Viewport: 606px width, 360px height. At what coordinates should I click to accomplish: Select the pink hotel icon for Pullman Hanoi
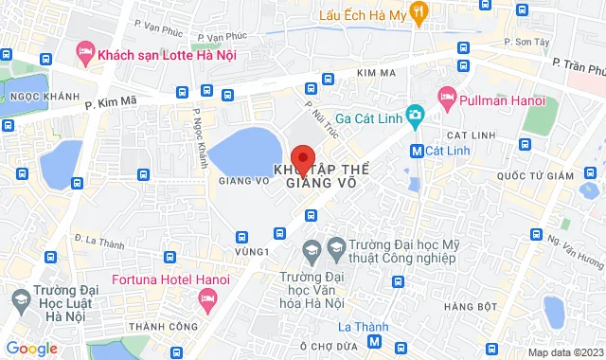447,98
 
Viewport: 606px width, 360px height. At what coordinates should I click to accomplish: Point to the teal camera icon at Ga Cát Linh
414,117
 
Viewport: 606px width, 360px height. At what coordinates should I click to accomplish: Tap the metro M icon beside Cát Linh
417,150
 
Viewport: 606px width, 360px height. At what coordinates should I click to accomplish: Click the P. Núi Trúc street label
315,117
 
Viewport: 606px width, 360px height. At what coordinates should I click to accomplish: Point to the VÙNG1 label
253,251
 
